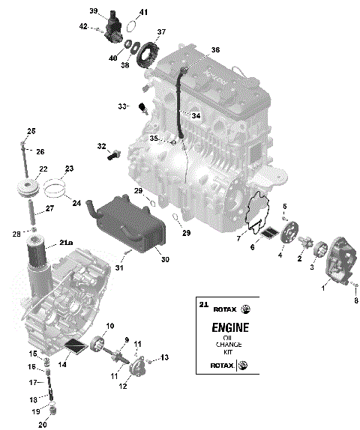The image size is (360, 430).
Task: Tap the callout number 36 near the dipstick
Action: click(215, 49)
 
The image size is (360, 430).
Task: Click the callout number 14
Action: click(62, 364)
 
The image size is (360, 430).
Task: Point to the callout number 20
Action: click(43, 425)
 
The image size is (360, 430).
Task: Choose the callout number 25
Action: click(31, 131)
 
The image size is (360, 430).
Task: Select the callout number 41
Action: click(143, 12)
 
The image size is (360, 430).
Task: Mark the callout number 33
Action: click(122, 106)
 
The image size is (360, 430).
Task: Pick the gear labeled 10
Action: click(97, 345)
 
